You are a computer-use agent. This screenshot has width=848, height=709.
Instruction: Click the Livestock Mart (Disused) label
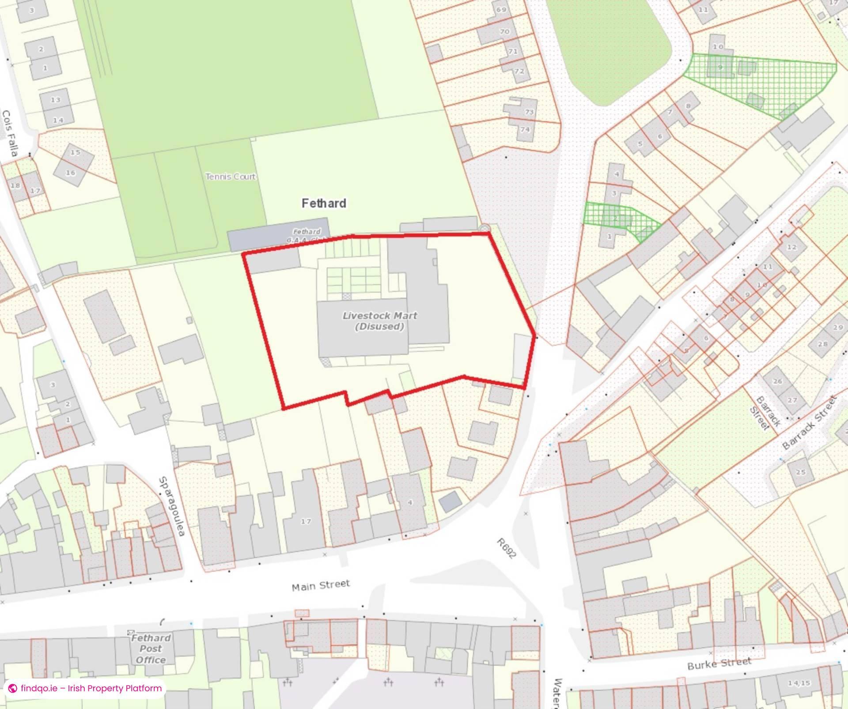(x=379, y=321)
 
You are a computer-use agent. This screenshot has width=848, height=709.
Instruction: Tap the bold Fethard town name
(x=324, y=203)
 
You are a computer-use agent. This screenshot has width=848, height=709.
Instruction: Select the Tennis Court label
(x=231, y=177)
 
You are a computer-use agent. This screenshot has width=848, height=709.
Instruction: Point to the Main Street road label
(x=321, y=585)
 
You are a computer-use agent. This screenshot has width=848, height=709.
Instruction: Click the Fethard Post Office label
(x=151, y=649)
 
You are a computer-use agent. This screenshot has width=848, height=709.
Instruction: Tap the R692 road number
(x=506, y=548)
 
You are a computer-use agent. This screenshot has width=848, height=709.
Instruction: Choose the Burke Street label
(x=719, y=664)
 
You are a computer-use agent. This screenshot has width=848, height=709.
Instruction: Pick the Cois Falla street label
(x=10, y=133)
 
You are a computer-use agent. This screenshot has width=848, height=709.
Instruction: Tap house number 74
(x=525, y=129)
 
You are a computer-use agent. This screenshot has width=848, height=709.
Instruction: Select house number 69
(x=501, y=10)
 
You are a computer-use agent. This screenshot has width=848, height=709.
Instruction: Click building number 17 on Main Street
(x=306, y=521)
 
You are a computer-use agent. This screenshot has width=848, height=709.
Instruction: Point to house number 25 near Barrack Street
(x=801, y=472)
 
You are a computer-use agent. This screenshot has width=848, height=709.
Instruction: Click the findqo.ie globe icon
(x=13, y=688)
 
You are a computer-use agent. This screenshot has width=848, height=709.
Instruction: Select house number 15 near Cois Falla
(x=75, y=152)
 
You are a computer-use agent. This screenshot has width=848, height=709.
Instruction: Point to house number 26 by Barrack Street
(x=778, y=381)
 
